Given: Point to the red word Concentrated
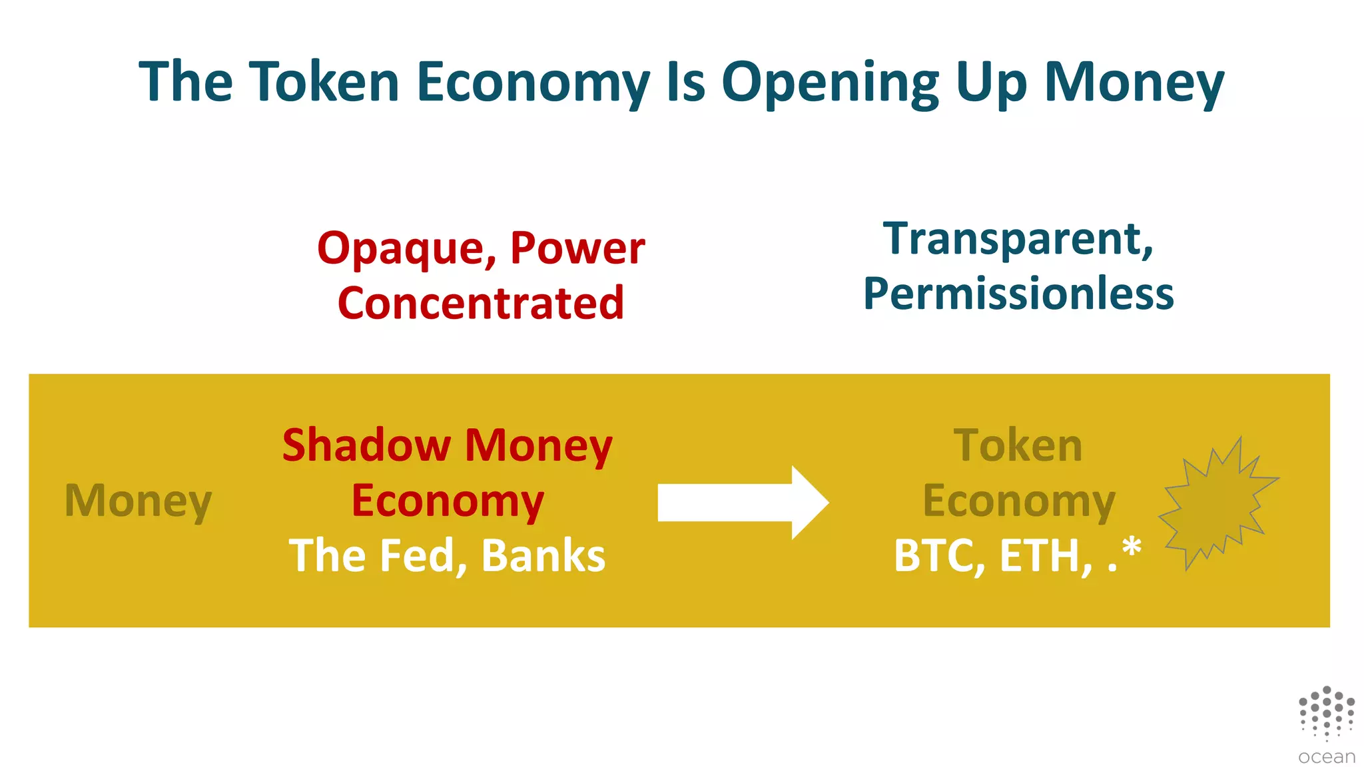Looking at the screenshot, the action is pyautogui.click(x=481, y=304).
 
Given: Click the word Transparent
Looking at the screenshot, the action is pyautogui.click(x=1018, y=239).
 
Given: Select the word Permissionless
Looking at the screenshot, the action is pyautogui.click(x=1018, y=294).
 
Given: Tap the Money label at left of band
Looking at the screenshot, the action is pyautogui.click(x=138, y=501).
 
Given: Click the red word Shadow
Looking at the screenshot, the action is pyautogui.click(x=366, y=445).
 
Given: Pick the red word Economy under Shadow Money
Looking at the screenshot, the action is pyautogui.click(x=448, y=501).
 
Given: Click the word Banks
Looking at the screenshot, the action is pyautogui.click(x=543, y=556).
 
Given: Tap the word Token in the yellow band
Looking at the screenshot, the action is pyautogui.click(x=1018, y=445).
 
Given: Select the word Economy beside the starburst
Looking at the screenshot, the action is pyautogui.click(x=1018, y=501).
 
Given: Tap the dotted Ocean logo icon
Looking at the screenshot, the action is pyautogui.click(x=1326, y=712).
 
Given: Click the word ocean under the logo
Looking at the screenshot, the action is pyautogui.click(x=1326, y=757).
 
